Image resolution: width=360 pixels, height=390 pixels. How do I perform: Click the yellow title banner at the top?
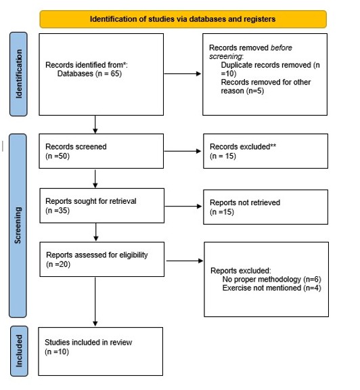click(183, 19)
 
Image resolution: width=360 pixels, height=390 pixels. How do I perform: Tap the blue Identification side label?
click(18, 74)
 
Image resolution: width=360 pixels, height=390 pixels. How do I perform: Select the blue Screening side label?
click(18, 225)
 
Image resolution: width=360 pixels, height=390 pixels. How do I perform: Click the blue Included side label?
click(19, 351)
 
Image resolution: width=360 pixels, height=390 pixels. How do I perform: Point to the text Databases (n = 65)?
click(89, 74)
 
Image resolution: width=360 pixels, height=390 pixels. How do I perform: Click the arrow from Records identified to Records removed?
click(183, 74)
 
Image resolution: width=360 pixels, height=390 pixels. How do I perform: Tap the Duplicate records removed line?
click(270, 69)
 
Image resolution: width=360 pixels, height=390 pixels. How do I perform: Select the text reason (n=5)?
click(242, 91)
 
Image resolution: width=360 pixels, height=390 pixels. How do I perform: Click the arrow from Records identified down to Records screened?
click(95, 125)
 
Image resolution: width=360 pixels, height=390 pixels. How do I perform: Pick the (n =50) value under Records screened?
click(58, 156)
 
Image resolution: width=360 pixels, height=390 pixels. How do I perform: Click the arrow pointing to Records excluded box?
click(183, 151)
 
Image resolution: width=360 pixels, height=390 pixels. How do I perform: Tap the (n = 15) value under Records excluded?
click(223, 156)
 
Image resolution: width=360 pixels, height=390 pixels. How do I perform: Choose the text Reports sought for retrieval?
click(91, 201)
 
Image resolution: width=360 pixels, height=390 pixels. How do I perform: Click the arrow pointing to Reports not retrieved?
click(183, 207)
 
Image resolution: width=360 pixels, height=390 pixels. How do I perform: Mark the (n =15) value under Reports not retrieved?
click(222, 212)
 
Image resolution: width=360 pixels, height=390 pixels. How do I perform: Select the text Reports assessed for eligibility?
click(97, 255)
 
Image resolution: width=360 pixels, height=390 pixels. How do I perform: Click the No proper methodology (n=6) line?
click(272, 280)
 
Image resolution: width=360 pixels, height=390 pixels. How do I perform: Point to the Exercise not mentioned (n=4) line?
click(272, 288)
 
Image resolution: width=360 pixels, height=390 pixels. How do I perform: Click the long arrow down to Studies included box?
click(95, 301)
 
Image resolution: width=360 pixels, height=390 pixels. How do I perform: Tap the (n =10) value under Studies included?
click(57, 352)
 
